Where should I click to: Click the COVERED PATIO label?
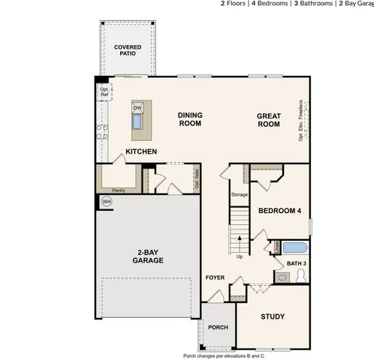(128, 50)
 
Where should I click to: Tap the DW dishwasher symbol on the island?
(137, 108)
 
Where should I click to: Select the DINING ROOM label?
(190, 119)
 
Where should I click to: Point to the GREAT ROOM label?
(268, 119)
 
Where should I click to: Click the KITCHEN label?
(140, 151)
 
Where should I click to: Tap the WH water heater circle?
(106, 202)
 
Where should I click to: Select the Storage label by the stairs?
(239, 195)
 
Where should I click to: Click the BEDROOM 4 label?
(279, 211)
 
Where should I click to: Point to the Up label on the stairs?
(239, 256)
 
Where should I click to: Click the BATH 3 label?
(297, 263)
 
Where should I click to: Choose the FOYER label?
(216, 277)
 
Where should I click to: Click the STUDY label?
(273, 316)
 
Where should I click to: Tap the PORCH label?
(218, 327)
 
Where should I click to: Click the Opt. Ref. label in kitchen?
(104, 92)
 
